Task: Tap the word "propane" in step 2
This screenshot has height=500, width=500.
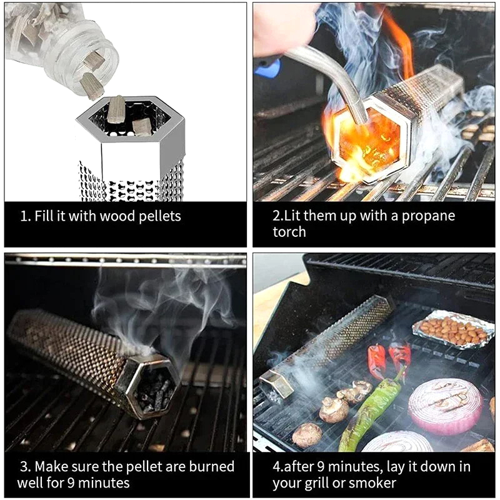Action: [x=428, y=216]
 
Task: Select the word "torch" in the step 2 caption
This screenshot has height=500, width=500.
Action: [x=289, y=232]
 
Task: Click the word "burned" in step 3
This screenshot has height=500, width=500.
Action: [x=212, y=466]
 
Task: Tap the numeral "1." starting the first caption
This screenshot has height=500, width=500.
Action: [x=26, y=216]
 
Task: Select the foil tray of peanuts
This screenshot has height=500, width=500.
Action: [x=452, y=329]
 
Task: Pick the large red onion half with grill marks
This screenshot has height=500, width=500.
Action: [x=446, y=406]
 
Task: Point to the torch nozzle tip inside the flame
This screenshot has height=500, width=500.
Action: [x=362, y=119]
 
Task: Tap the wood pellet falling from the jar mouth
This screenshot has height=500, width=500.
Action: [x=91, y=86]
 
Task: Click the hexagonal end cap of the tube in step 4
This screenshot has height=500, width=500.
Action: [x=276, y=384]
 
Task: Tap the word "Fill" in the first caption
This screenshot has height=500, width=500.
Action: [x=44, y=216]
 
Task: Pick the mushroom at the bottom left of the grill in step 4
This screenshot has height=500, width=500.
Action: [x=307, y=435]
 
